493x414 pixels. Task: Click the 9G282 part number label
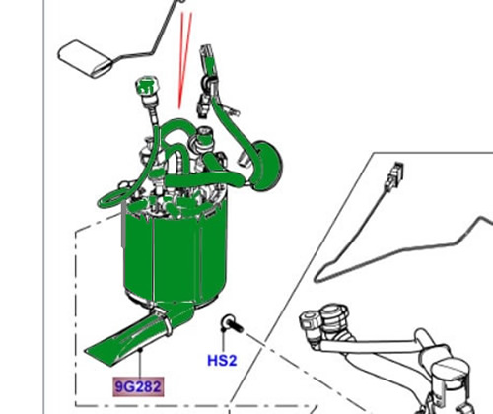(138, 386)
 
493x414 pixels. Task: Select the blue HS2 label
(222, 361)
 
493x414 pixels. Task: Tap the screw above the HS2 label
(232, 323)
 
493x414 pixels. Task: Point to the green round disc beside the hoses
(267, 166)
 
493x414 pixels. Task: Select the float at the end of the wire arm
(86, 59)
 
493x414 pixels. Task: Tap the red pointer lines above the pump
(184, 60)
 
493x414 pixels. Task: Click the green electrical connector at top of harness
(208, 58)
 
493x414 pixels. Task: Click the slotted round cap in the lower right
(451, 367)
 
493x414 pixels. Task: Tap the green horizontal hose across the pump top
(204, 179)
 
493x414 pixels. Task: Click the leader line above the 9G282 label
(140, 363)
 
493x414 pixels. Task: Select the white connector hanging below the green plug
(203, 105)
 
